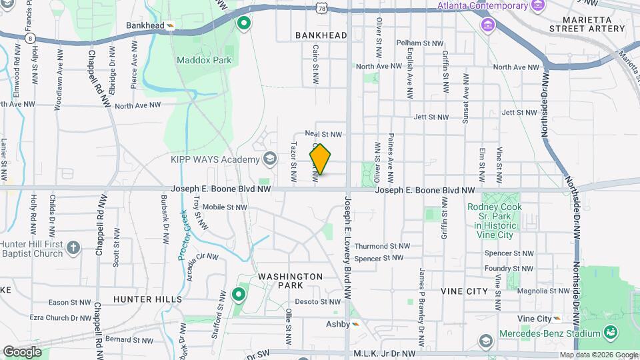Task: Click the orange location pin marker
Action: tap(320, 159)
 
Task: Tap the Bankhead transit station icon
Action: tap(171, 26)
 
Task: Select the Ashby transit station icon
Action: tap(355, 324)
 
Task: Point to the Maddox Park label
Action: tap(203, 60)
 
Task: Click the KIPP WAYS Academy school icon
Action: tap(269, 159)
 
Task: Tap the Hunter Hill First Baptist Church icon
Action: tap(73, 249)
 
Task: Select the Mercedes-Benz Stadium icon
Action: tap(611, 331)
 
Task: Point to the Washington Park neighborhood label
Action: tap(291, 281)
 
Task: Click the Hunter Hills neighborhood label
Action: tap(147, 299)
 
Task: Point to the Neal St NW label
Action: tap(323, 134)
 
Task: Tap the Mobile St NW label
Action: tap(225, 207)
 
